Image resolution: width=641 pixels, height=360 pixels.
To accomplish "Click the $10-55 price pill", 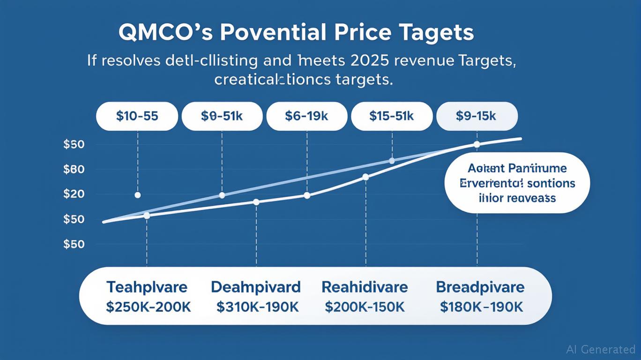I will (x=137, y=116).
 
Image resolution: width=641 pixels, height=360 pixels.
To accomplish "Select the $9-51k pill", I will (x=222, y=116).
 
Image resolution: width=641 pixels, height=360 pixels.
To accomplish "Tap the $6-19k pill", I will (x=307, y=116).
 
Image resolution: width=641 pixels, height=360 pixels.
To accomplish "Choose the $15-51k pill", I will (x=392, y=116).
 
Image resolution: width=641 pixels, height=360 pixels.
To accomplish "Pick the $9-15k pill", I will (x=477, y=116).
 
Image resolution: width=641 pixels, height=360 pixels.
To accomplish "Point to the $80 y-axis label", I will (x=74, y=169).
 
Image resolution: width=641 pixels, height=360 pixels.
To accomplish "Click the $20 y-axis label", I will (x=74, y=194).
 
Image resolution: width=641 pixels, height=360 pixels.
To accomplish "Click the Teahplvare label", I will (x=147, y=287).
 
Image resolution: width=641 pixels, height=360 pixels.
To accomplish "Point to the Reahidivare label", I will (x=365, y=287).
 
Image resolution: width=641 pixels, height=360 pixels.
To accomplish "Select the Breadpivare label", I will (x=480, y=287).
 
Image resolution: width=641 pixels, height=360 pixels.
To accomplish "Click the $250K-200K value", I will (x=149, y=307).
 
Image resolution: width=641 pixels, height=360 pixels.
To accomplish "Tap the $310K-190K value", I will (x=257, y=307).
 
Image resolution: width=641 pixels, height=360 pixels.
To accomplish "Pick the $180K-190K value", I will (x=481, y=307).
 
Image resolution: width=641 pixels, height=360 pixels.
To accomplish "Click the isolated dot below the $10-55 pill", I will (x=137, y=195).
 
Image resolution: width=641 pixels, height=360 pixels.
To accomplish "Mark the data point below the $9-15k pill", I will (x=477, y=144).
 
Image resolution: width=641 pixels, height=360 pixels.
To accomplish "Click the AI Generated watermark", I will (x=600, y=349).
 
